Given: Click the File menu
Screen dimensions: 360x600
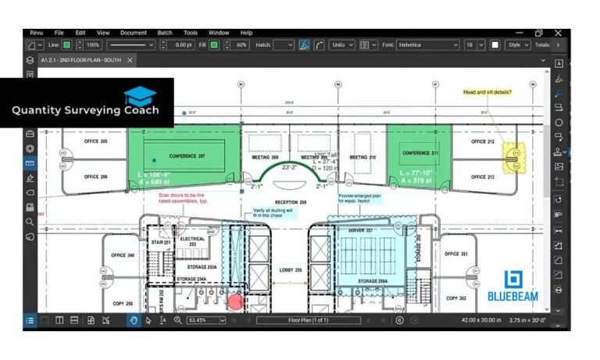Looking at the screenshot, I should pos(59,33).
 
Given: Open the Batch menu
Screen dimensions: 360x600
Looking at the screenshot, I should pos(165,33).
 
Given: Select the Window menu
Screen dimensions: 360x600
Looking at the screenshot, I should pos(219,33).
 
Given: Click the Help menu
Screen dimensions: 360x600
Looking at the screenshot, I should pos(246,33).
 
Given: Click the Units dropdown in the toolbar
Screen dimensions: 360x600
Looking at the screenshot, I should pos(341,45).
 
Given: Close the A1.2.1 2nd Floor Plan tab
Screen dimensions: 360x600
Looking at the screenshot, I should pos(130,60).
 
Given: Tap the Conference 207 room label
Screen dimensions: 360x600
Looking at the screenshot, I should pos(187,155).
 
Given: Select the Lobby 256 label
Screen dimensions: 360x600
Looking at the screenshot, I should pos(291,269).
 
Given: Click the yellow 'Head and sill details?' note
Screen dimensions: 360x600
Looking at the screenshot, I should pos(487,92).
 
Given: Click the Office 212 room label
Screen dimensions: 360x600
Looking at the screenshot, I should pos(484,142).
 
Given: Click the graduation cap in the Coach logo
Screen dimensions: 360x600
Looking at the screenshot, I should pos(140,95).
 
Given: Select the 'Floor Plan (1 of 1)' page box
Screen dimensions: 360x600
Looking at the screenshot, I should pos(309,320).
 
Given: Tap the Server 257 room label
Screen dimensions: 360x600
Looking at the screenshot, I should pos(361,230).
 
